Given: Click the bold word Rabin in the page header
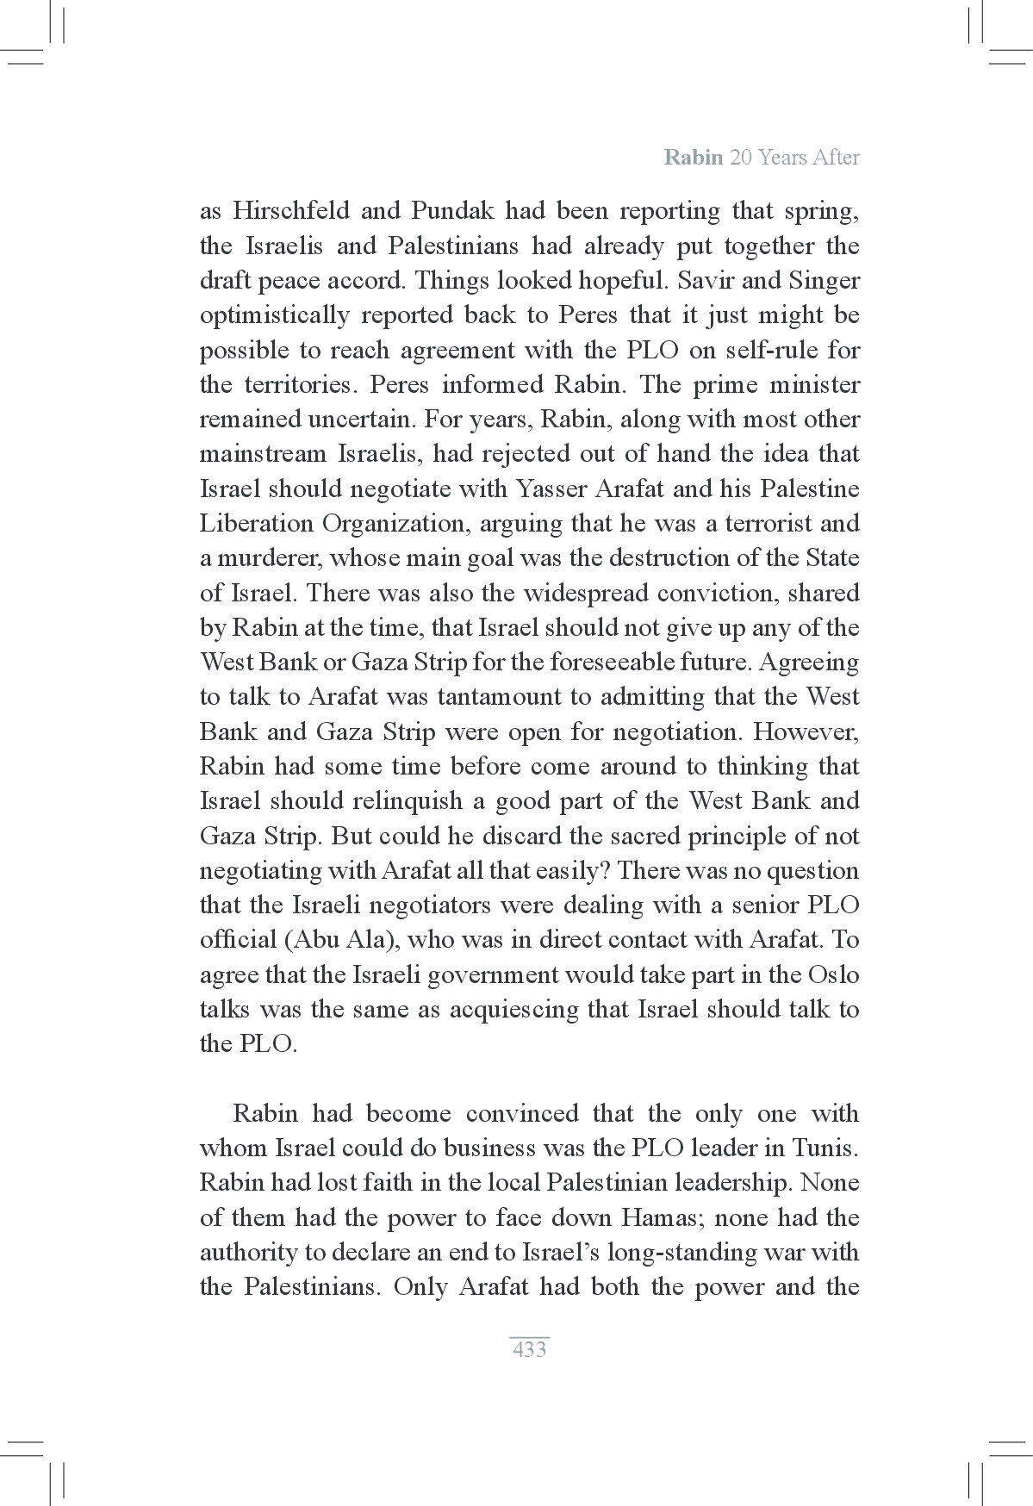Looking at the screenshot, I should pos(694,158).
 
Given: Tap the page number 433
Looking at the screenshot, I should pos(529,1349).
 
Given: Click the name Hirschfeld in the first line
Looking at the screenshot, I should pos(290,211).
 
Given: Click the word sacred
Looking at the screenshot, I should pos(627,836).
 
